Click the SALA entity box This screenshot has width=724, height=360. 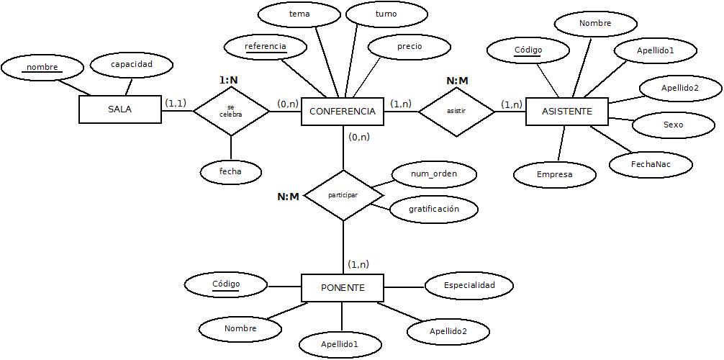119,110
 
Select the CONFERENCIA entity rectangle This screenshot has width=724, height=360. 342,112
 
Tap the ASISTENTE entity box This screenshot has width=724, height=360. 566,112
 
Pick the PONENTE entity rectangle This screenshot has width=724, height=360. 342,288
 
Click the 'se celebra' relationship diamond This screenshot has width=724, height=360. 231,111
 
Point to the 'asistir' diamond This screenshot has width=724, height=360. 456,111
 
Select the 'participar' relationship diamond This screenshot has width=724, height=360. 343,195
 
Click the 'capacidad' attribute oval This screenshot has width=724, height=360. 132,65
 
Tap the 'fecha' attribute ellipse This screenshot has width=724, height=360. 230,172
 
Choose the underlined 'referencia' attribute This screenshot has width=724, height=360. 266,48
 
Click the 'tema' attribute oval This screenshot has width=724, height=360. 299,14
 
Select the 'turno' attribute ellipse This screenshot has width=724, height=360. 386,14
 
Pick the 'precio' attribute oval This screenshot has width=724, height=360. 409,47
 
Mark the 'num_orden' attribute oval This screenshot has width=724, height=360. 433,174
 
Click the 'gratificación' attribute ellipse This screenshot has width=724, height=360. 433,210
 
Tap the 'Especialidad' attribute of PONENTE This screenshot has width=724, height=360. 469,286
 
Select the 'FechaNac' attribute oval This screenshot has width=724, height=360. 651,165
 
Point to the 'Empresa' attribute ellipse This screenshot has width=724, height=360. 554,175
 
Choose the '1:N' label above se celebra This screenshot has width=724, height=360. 228,80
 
